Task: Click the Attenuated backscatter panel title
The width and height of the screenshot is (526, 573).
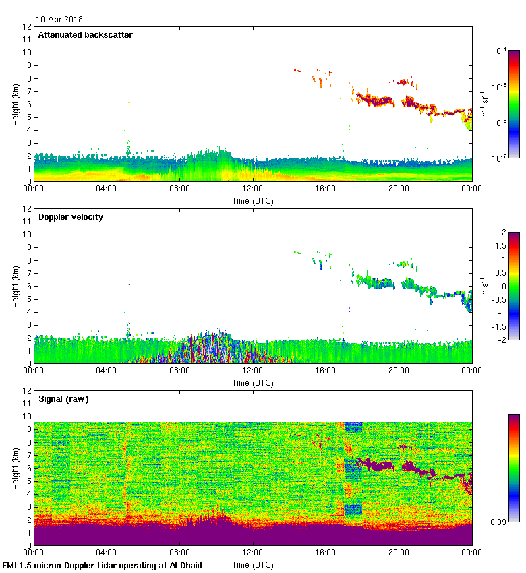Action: pos(85,34)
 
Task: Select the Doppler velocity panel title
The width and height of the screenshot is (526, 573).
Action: pos(71,216)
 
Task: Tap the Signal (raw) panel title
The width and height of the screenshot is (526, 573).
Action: pos(63,398)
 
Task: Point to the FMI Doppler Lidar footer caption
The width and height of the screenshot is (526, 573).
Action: pos(103,565)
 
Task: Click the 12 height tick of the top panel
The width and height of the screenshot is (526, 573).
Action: pos(27,27)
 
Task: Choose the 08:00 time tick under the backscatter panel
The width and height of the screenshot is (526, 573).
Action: pos(179,189)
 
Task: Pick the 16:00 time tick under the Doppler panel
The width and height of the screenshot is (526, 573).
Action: pos(325,371)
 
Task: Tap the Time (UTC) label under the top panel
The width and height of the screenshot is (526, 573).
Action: pos(252,200)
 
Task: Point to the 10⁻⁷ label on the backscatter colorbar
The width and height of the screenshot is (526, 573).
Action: pos(499,158)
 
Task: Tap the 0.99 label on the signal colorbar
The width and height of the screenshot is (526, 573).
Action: pos(498,522)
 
